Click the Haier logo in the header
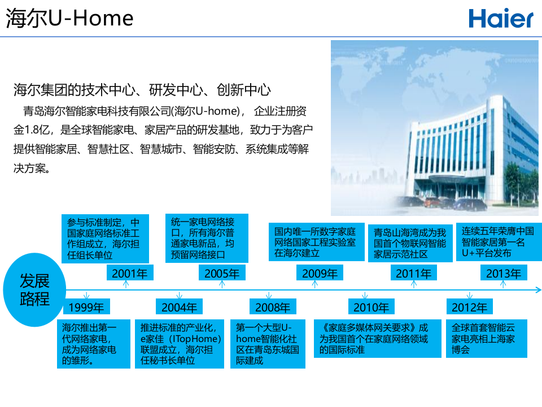pyautogui.click(x=500, y=19)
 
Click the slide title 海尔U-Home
pyautogui.click(x=70, y=19)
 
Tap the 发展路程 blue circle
pyautogui.click(x=35, y=289)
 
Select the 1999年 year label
pyautogui.click(x=86, y=308)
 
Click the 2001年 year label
pyautogui.click(x=129, y=274)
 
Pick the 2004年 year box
pyautogui.click(x=179, y=308)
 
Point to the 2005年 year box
pyautogui.click(x=222, y=274)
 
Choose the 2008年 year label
pyautogui.click(x=273, y=308)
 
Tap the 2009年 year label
pyautogui.click(x=320, y=274)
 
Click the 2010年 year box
pyautogui.click(x=371, y=308)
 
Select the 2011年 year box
pyautogui.click(x=413, y=274)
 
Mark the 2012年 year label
pyautogui.click(x=469, y=308)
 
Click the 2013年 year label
pyautogui.click(x=504, y=274)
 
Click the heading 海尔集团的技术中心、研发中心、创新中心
pyautogui.click(x=142, y=90)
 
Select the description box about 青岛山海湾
pyautogui.click(x=410, y=244)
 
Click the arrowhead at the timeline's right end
pyautogui.click(x=538, y=290)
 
